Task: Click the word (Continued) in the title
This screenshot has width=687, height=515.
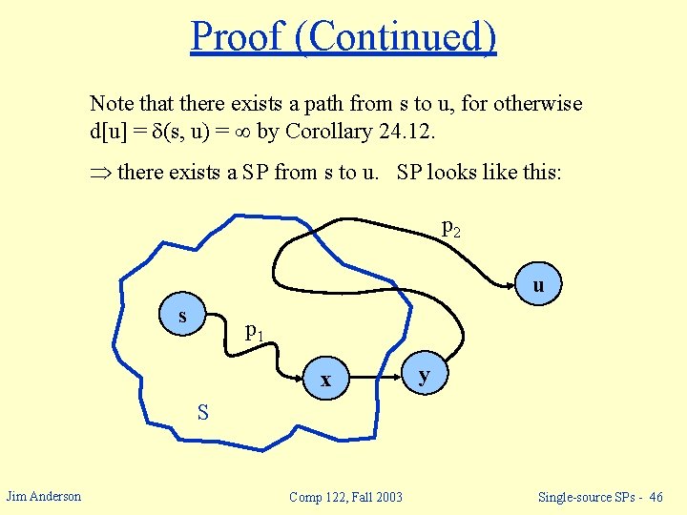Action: [x=396, y=37]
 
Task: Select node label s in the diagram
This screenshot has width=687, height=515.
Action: [x=182, y=316]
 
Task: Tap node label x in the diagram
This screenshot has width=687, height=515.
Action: [x=325, y=380]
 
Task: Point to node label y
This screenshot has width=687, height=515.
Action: [x=425, y=377]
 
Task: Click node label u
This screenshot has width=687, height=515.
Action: [x=539, y=285]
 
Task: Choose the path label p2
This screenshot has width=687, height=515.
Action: [x=451, y=227]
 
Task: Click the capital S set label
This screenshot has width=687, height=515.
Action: [x=203, y=413]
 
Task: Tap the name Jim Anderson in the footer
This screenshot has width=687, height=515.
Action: [x=44, y=495]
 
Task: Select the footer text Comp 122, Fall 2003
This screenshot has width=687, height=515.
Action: [x=345, y=496]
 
